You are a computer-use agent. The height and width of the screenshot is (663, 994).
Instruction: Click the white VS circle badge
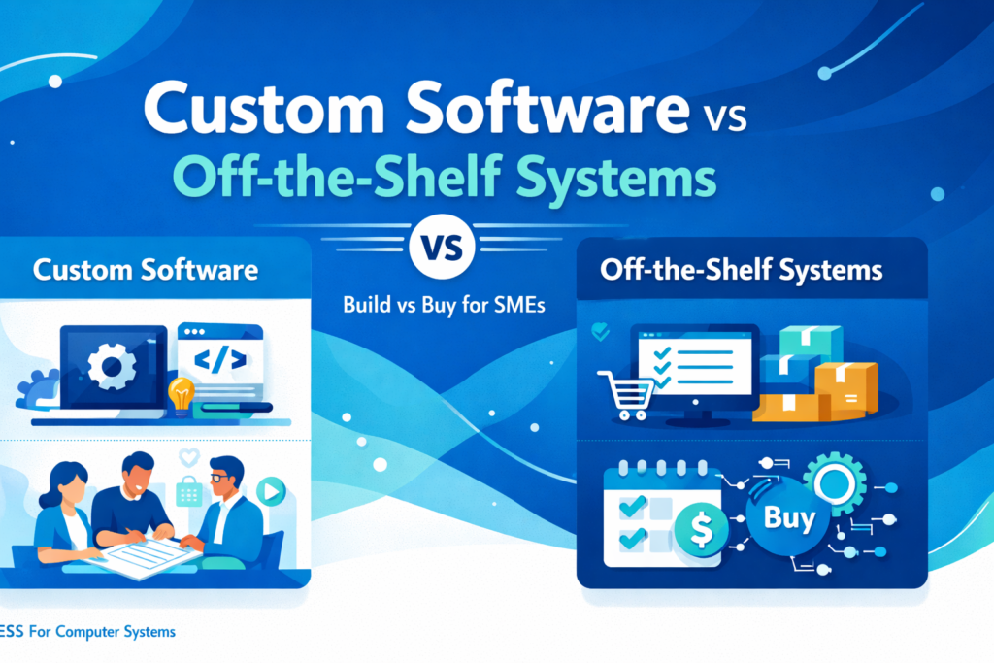pos(442,248)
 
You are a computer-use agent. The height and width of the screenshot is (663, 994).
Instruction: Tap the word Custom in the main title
pos(264,108)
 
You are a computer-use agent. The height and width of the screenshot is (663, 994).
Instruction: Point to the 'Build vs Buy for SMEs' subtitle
pos(444,305)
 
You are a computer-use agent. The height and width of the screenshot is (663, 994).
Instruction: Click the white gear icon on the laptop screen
pos(112,366)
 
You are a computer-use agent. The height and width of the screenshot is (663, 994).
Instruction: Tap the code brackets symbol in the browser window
pos(220,360)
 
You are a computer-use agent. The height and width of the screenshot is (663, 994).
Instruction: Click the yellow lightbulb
pos(181,395)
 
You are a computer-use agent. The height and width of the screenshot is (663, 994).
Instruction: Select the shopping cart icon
pos(626,395)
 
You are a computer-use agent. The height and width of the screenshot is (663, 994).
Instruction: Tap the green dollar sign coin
pos(702,529)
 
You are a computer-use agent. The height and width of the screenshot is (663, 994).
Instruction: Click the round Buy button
pos(788,517)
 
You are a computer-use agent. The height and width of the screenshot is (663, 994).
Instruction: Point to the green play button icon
pos(272,491)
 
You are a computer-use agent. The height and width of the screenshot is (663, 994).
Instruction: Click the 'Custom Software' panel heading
pos(146,270)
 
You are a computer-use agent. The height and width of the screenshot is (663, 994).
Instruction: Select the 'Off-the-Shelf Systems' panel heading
pos(741,270)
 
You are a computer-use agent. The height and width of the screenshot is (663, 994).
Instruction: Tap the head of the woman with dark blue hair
pos(66,485)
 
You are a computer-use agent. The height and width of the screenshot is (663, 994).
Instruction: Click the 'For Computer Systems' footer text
pos(102,632)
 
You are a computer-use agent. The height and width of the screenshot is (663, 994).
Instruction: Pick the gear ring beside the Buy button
pos(835,483)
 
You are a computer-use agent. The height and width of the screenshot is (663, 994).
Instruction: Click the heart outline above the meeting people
pos(189,456)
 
